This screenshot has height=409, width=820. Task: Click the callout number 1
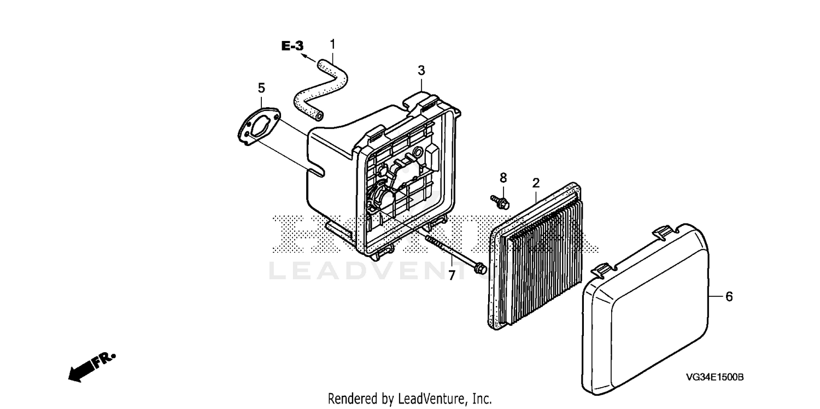click(x=332, y=44)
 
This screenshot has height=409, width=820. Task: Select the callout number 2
click(x=536, y=182)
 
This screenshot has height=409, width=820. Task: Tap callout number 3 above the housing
click(x=421, y=71)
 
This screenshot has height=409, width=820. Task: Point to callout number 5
click(x=261, y=87)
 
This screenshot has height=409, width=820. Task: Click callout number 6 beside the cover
click(x=729, y=296)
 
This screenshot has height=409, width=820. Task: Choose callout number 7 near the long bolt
click(x=452, y=276)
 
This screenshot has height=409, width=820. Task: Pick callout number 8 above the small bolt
click(x=503, y=177)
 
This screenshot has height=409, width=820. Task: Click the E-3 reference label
click(x=292, y=46)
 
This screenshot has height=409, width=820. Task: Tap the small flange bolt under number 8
click(x=500, y=202)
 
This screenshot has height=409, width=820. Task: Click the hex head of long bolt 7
click(x=480, y=268)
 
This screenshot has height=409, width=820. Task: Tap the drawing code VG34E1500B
click(x=716, y=377)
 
